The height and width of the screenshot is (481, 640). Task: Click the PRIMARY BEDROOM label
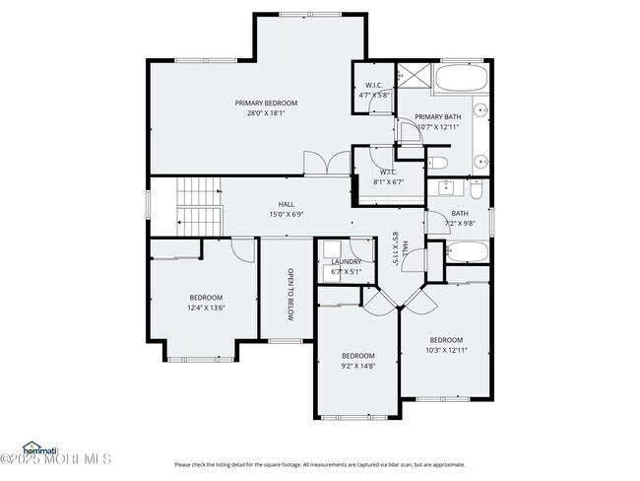click(x=266, y=103)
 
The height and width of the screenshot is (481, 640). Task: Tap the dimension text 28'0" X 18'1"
click(x=266, y=113)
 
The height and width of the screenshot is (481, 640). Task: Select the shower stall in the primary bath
click(x=413, y=76)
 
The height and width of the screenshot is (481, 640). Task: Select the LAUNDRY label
click(x=346, y=262)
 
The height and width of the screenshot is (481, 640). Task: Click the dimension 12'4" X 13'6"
click(x=207, y=308)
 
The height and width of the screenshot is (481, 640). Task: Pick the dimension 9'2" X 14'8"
click(x=358, y=366)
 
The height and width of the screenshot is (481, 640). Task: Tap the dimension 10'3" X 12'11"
click(x=446, y=349)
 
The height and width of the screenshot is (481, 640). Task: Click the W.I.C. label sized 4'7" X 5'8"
click(x=374, y=85)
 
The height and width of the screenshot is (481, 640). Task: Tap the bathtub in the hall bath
click(x=467, y=254)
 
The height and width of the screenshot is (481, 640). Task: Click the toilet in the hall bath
click(x=476, y=186)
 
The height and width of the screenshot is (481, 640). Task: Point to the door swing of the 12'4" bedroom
click(x=237, y=249)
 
